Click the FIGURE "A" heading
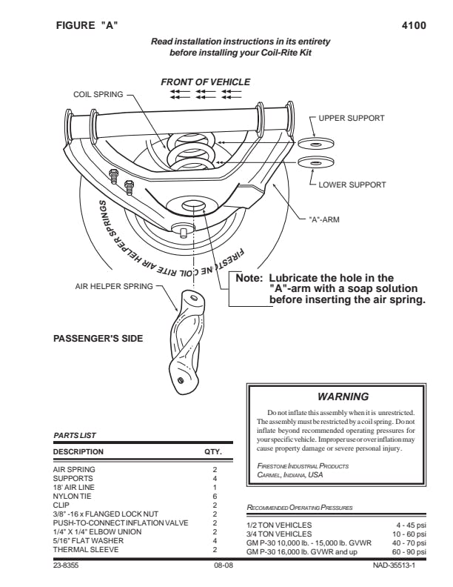click(x=87, y=25)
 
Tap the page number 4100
click(x=413, y=25)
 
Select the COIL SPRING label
click(x=99, y=95)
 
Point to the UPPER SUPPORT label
click(x=352, y=119)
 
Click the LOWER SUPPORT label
click(x=352, y=185)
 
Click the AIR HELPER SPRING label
click(x=114, y=286)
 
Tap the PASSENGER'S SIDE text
click(x=98, y=338)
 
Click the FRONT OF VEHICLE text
click(x=206, y=82)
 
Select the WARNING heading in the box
click(x=342, y=397)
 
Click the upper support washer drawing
click(x=316, y=143)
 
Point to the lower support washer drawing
click(x=316, y=162)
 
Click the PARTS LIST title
click(x=75, y=435)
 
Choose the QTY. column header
click(x=213, y=451)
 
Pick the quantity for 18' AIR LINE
click(x=215, y=487)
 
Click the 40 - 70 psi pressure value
click(x=408, y=542)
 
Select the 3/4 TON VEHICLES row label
click(x=278, y=533)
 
